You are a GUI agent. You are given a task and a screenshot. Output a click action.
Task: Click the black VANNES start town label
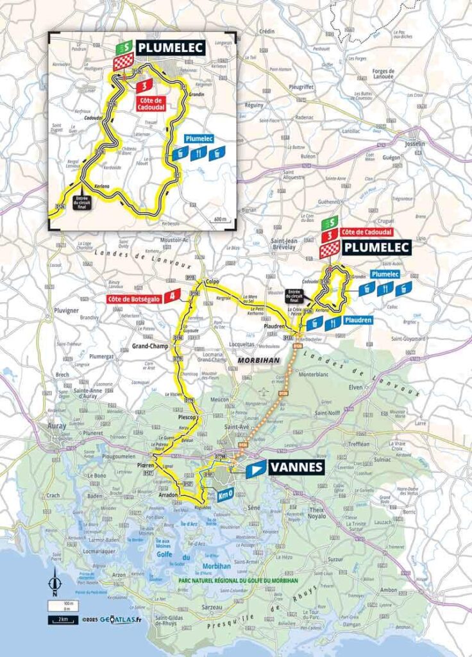click(x=296, y=468)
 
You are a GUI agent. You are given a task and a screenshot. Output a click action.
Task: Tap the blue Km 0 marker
click(x=224, y=497)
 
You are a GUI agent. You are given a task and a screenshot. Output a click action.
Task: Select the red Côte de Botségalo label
click(x=134, y=297)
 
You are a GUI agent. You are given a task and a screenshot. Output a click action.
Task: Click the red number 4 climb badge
click(x=172, y=296)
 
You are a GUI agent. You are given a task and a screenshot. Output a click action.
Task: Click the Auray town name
click(x=58, y=425)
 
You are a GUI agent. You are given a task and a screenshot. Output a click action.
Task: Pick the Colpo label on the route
click(x=212, y=282)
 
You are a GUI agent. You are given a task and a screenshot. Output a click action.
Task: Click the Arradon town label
click(x=168, y=495)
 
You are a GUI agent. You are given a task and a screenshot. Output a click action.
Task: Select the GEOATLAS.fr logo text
click(x=122, y=620)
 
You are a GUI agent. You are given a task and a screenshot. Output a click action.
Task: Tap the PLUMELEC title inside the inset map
click(x=169, y=47)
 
